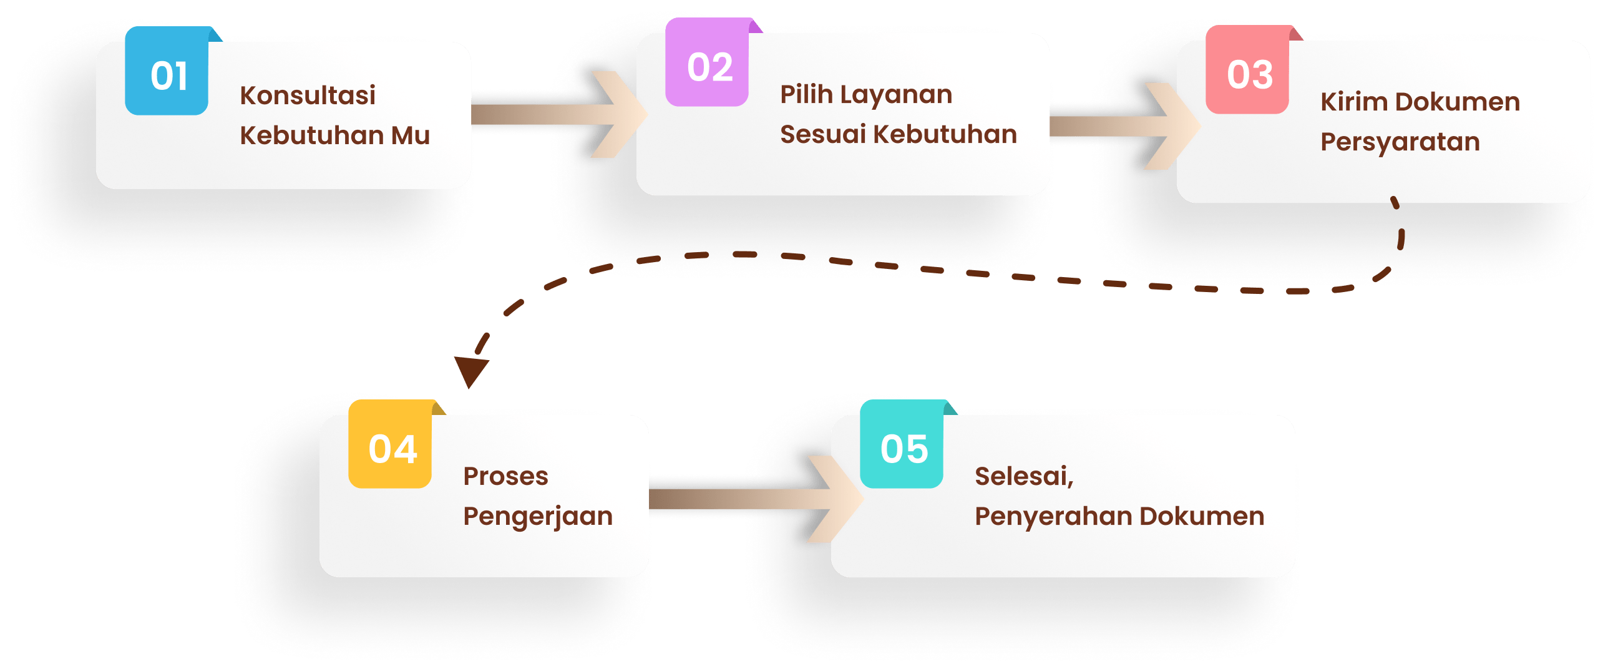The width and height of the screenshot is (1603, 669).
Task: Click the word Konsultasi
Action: [308, 95]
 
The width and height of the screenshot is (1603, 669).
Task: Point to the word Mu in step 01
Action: [411, 135]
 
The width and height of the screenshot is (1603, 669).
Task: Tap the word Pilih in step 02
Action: [806, 94]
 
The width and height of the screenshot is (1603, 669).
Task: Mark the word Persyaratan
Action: [1400, 142]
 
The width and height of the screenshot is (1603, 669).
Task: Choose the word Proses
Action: [505, 476]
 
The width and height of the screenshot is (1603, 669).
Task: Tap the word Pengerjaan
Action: [538, 517]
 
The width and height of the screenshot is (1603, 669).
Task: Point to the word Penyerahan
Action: [1053, 517]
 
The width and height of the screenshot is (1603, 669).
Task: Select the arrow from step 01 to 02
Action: [555, 114]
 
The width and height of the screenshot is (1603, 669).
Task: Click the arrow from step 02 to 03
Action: [1117, 126]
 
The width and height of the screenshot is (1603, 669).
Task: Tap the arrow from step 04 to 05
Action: [749, 499]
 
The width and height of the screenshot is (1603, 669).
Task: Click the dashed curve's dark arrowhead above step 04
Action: [470, 371]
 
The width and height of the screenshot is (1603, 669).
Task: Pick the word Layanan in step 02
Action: [896, 94]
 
